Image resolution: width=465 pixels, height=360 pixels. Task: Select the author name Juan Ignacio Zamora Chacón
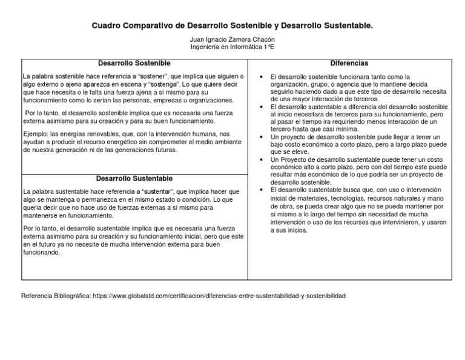[232, 39]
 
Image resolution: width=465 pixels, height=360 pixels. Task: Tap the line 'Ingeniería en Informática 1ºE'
[232, 47]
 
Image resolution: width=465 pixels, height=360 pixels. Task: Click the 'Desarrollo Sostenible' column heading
[134, 63]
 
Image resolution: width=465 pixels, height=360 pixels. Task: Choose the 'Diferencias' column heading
[349, 63]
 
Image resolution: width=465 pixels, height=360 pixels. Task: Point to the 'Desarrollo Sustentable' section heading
[134, 178]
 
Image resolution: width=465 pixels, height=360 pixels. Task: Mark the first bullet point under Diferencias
[259, 77]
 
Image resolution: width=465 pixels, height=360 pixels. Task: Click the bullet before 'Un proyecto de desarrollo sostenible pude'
[259, 137]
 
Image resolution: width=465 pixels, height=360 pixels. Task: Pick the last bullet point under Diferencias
[259, 190]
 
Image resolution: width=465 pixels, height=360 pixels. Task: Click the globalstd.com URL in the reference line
[219, 296]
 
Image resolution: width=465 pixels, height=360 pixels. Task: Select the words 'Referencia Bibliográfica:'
[56, 296]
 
